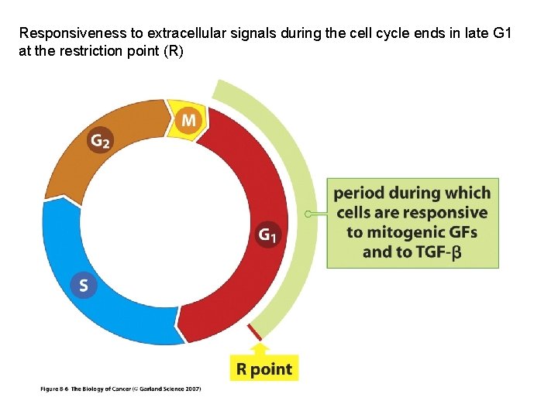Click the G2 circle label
click(100, 140)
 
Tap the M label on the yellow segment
click(189, 120)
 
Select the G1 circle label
click(268, 235)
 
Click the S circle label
click(83, 285)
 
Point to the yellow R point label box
click(263, 368)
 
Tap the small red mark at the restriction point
click(253, 332)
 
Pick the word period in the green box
click(360, 193)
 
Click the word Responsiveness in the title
click(69, 33)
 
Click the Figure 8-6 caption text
click(120, 389)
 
